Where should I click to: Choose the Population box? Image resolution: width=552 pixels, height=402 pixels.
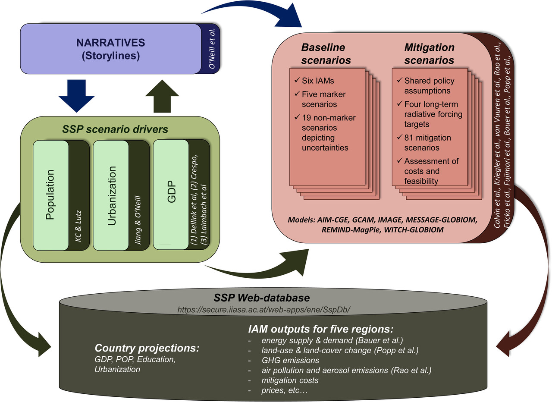point(51,195)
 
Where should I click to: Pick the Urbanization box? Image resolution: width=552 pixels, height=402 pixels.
point(111,195)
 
